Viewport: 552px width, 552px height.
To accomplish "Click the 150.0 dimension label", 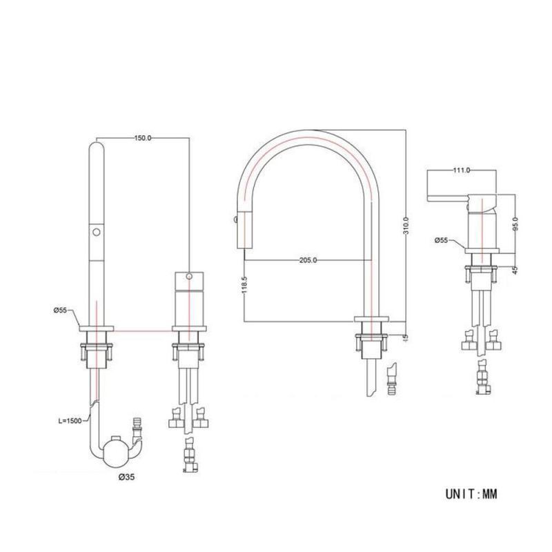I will point(142,139).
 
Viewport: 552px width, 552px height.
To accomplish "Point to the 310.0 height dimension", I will point(406,226).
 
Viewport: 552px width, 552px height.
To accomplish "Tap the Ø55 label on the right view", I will point(442,241).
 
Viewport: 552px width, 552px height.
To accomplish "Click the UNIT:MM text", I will point(471,494).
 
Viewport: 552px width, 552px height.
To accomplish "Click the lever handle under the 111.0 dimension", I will point(452,198).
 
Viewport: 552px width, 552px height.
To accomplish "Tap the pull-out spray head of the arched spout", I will point(243,228).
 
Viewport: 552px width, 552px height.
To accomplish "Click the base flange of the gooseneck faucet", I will point(372,319).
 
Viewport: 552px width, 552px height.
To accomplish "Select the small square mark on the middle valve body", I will point(191,275).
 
